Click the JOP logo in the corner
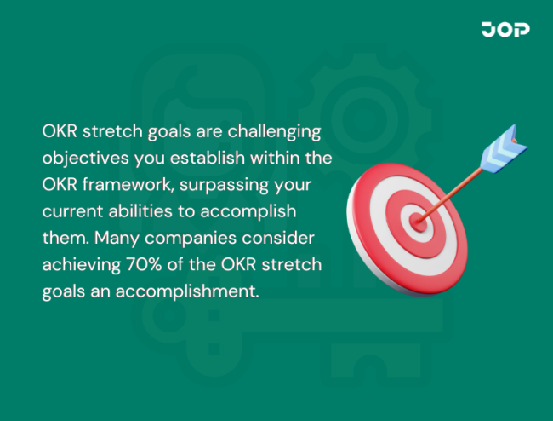pos(505,30)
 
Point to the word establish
pos(204,159)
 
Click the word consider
pos(280,239)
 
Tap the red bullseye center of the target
pos(417,220)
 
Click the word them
pos(61,239)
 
